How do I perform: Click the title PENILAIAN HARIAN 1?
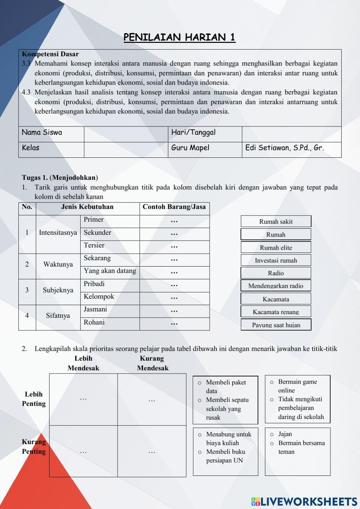179,37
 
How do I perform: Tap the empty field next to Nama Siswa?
126,134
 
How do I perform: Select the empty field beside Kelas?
126,149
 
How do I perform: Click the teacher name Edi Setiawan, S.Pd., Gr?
284,148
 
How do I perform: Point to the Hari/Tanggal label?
193,132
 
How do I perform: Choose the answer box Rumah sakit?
276,222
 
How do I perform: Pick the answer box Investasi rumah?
276,260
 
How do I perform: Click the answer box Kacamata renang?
276,312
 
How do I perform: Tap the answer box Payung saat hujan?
276,325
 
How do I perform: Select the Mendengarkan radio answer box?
276,286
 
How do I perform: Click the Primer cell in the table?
94,220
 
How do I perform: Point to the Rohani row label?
94,322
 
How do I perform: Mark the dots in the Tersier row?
174,247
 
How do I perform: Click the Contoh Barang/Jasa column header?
174,207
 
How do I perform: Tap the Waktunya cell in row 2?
58,264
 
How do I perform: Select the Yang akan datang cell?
110,271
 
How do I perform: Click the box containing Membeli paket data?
225,400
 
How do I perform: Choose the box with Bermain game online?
297,399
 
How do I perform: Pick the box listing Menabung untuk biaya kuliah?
225,452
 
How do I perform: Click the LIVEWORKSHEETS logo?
304,501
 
